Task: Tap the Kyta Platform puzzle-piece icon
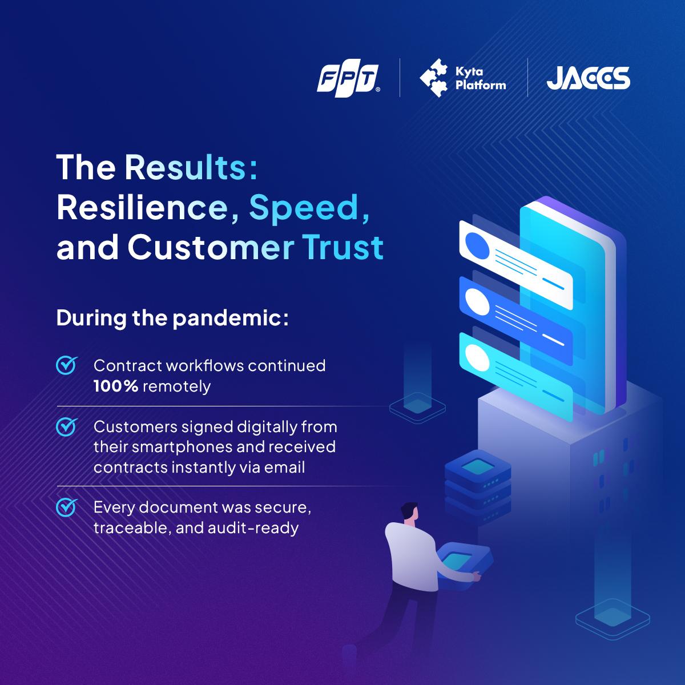[x=433, y=78]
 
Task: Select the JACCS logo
[x=589, y=78]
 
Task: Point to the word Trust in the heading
[x=343, y=247]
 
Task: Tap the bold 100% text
[x=116, y=386]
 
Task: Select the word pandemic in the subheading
[x=231, y=319]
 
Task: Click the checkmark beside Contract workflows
[x=67, y=365]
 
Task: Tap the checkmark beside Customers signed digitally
[x=67, y=426]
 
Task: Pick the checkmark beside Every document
[x=67, y=507]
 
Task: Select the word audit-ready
[x=253, y=529]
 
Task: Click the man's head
[x=410, y=512]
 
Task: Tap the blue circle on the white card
[x=477, y=245]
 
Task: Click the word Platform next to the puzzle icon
[x=481, y=85]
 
